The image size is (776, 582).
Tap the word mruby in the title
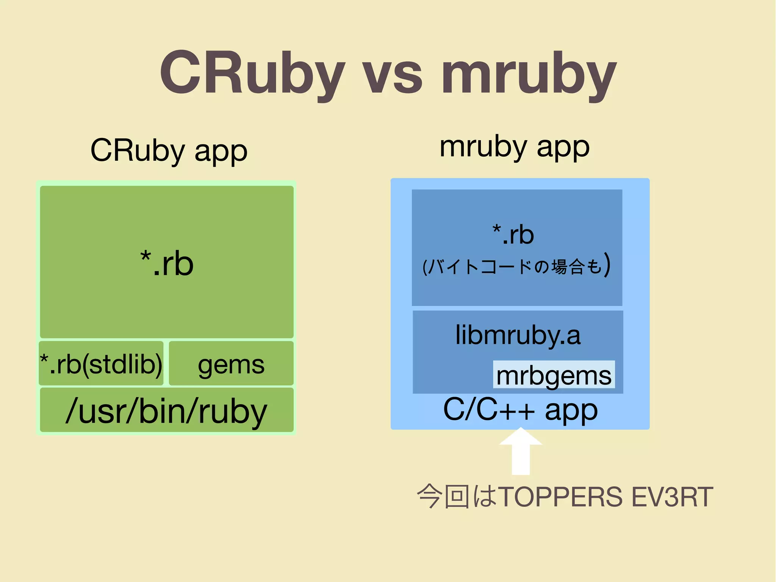click(x=529, y=76)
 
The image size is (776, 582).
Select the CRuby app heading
click(x=169, y=151)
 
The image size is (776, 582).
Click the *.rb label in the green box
click(x=167, y=263)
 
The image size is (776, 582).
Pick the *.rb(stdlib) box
click(x=101, y=364)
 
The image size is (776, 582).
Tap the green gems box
click(x=231, y=364)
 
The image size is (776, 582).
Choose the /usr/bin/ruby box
click(x=167, y=410)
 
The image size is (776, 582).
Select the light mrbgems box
click(x=554, y=375)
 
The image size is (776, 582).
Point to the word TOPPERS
click(x=560, y=497)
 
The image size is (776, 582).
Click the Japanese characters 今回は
click(x=457, y=497)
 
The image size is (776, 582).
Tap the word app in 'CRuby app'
click(x=221, y=152)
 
